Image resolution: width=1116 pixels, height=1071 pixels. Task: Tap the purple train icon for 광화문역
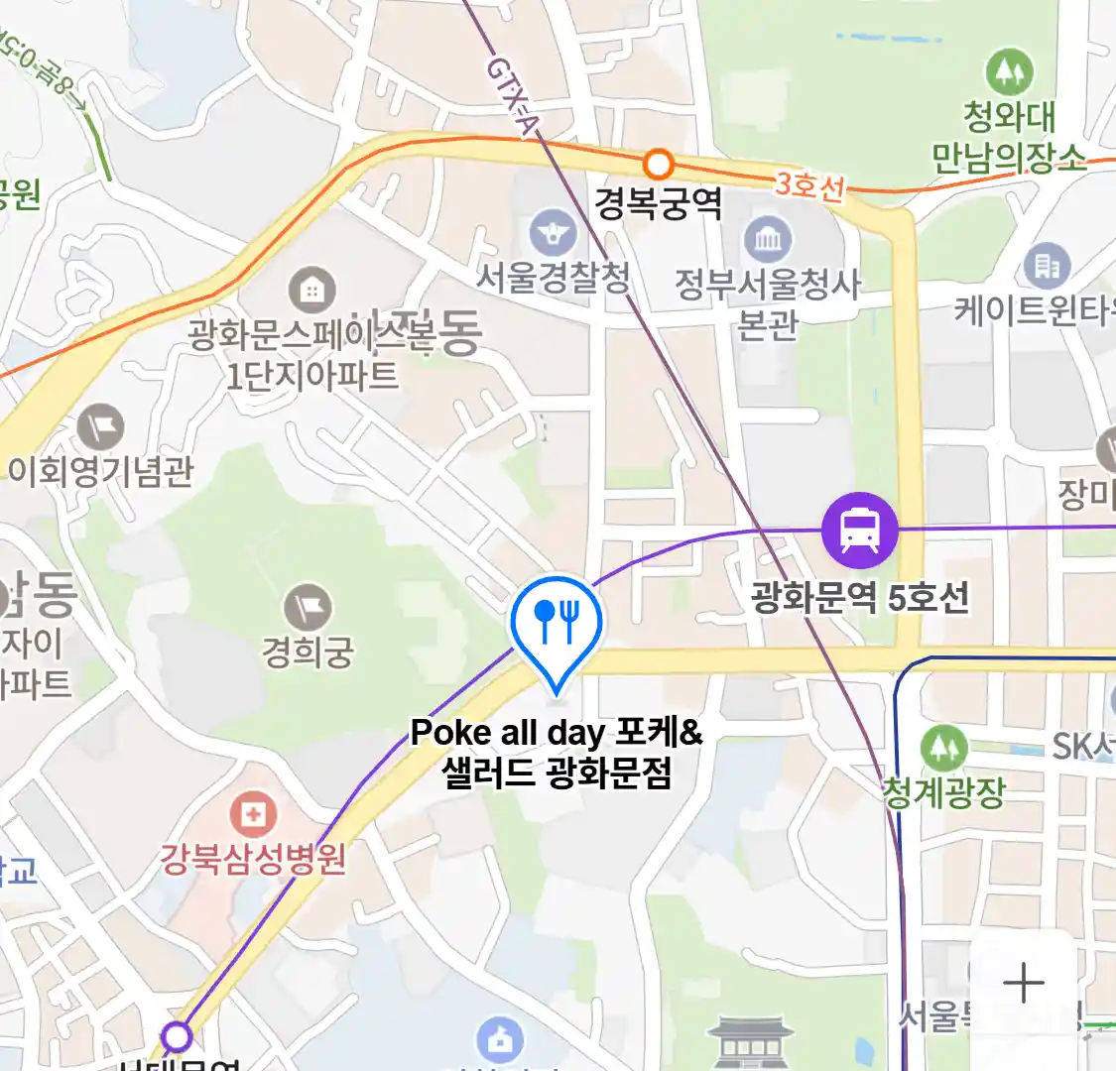coord(859,530)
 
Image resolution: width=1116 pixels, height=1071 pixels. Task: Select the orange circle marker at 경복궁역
coord(658,164)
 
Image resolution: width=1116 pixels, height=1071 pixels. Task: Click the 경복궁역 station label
coord(658,203)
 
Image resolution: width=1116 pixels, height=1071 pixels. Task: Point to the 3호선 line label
coord(809,184)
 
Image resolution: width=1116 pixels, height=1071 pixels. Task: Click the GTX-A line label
coord(513,95)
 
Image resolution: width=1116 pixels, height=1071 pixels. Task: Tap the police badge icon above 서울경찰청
coord(553,233)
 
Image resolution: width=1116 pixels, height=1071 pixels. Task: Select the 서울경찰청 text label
coord(553,277)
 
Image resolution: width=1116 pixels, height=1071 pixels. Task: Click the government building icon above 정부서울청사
coord(768,239)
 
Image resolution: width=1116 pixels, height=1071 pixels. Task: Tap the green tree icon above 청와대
coord(1009,72)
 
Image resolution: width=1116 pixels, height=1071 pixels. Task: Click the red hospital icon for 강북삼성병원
coord(253,815)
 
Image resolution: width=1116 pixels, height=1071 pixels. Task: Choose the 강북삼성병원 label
coord(254,858)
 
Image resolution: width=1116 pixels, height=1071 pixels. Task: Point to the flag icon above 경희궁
coord(308,608)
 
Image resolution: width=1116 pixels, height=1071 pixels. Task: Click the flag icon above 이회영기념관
coord(100,428)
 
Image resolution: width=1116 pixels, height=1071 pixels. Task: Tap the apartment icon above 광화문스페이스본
coord(311,291)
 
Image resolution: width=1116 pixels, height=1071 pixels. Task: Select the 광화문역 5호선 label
coord(859,597)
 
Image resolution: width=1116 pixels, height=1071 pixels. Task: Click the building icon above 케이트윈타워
coord(1047,266)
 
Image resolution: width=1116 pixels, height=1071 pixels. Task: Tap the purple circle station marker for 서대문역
coord(177,1036)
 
